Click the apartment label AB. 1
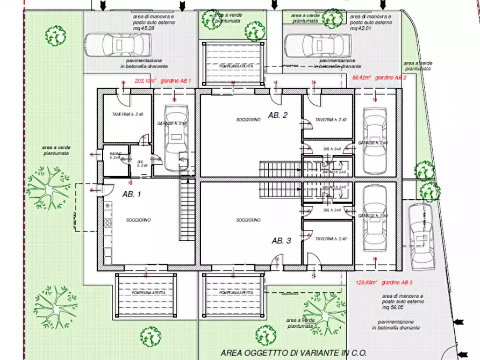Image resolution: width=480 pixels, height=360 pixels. pyautogui.click(x=131, y=194)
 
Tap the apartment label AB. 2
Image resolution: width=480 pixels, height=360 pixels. pyautogui.click(x=278, y=116)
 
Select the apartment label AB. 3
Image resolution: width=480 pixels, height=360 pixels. pyautogui.click(x=281, y=241)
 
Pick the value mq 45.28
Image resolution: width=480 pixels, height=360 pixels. pyautogui.click(x=148, y=30)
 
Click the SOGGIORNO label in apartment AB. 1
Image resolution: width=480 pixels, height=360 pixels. pyautogui.click(x=138, y=220)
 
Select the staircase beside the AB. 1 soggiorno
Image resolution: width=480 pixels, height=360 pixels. pyautogui.click(x=186, y=212)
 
